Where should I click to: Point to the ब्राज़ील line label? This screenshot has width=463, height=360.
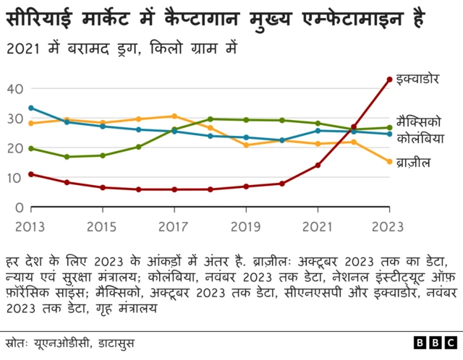pos(415,163)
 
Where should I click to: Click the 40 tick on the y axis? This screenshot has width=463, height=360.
pos(16,89)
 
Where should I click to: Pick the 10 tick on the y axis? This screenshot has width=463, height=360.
pos(16,178)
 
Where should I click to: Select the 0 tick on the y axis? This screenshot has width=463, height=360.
pos(20,207)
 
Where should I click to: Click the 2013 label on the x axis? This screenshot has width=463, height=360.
pos(30,226)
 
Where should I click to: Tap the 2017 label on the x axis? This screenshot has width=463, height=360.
pos(174,226)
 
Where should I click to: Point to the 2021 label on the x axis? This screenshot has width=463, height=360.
pos(317,226)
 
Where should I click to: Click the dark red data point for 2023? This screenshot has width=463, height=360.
pos(389,80)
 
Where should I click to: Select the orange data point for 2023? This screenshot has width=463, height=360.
pos(389,162)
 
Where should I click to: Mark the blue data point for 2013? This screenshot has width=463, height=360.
pos(30,108)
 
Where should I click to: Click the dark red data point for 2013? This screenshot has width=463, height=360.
pos(30,174)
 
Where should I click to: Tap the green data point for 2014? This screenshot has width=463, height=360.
pos(67,157)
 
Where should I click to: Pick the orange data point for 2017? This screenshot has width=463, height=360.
pos(174,116)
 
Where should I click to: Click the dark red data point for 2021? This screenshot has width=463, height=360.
pos(318,166)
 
